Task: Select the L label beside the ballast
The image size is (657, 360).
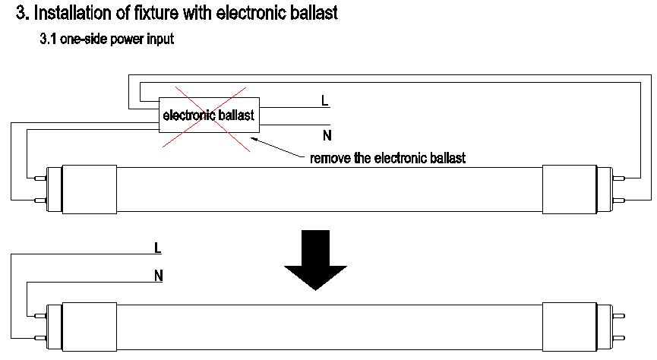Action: point(326,100)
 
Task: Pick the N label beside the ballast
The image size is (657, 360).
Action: point(327,136)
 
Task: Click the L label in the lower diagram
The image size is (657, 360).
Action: point(157,248)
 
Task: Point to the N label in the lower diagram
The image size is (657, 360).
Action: point(158,276)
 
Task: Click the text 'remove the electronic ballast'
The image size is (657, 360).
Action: point(387,158)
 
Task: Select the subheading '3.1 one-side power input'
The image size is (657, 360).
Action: point(107,39)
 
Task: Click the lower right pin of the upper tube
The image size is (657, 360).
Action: point(619,201)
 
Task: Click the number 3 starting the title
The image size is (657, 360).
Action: point(21,13)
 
